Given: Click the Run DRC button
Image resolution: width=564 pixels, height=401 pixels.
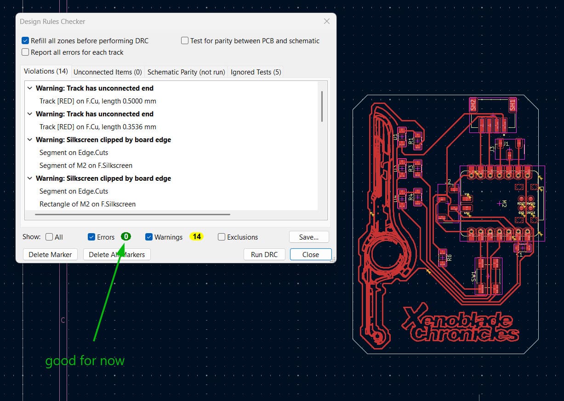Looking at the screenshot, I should (264, 254).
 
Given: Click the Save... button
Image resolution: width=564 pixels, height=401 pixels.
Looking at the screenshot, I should (309, 237).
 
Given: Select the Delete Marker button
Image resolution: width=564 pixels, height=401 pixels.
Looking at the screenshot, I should (50, 254).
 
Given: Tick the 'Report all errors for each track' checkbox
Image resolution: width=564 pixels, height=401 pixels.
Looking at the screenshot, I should (26, 52).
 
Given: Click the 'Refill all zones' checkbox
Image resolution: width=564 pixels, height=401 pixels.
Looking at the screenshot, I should (26, 41).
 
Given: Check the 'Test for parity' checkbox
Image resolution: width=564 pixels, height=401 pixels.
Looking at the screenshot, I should (185, 41).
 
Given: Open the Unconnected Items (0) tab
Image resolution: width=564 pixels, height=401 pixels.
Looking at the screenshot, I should (108, 72).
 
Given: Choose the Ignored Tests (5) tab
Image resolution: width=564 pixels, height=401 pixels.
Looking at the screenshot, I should (256, 72).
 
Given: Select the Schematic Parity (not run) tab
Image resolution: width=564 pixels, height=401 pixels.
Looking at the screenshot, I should (186, 72).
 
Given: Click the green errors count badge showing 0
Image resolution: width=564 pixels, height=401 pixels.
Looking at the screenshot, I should (126, 237).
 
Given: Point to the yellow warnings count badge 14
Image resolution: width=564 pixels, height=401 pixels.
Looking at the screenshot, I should (197, 237).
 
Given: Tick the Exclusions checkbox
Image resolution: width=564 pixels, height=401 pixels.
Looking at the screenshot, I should (222, 237).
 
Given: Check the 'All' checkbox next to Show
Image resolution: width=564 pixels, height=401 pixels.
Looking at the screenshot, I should (50, 237).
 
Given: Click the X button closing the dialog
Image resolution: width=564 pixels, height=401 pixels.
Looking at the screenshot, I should (327, 21).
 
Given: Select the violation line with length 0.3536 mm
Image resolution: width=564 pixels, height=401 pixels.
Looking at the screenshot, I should (97, 126).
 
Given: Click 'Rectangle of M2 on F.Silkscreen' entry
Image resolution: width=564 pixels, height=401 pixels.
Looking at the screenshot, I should (87, 204).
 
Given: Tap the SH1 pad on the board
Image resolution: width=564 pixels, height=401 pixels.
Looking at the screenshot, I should (512, 104).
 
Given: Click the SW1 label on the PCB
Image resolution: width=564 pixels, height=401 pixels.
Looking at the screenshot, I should (473, 276).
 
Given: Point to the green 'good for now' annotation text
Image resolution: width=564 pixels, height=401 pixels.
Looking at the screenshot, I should (85, 361).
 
